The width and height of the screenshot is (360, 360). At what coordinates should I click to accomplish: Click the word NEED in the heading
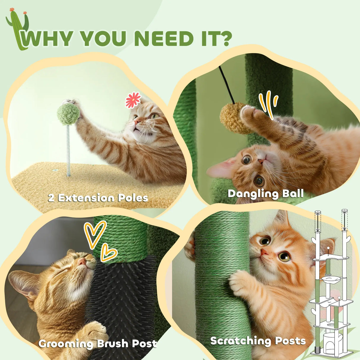click(x=164, y=39)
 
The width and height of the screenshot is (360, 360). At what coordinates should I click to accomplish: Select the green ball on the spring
click(x=68, y=114)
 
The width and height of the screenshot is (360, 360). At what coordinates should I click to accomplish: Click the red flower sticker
click(x=133, y=100)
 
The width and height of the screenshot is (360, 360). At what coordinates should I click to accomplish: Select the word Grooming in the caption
click(x=66, y=344)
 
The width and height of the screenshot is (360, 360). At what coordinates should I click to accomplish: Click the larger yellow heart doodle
click(x=94, y=233)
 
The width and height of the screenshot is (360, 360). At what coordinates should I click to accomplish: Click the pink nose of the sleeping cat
click(x=82, y=261)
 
